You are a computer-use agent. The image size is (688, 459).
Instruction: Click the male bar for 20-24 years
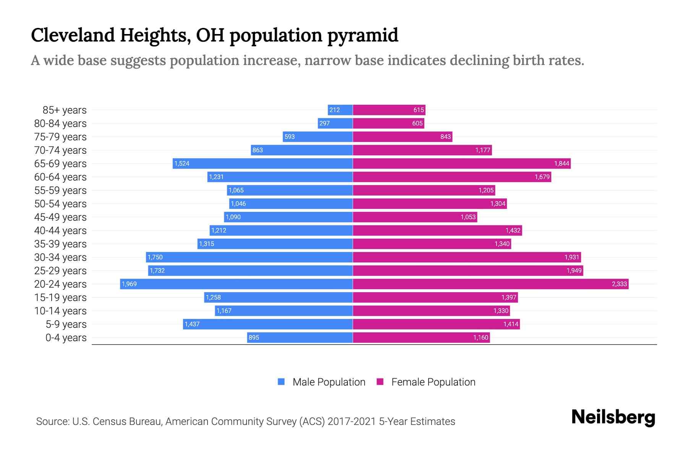(x=236, y=284)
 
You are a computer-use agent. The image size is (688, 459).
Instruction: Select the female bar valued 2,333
(x=490, y=284)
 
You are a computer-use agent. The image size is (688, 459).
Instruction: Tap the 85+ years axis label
(x=65, y=110)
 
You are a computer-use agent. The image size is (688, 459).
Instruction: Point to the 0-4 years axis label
(x=66, y=338)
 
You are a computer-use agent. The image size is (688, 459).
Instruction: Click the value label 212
(x=334, y=110)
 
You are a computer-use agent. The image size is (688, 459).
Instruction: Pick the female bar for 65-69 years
(x=461, y=163)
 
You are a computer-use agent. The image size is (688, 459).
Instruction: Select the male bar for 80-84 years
(x=335, y=123)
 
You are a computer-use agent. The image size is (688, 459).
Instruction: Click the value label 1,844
(x=561, y=164)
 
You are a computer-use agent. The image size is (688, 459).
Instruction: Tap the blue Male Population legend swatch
(x=281, y=382)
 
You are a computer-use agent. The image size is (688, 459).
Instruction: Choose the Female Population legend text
(x=433, y=382)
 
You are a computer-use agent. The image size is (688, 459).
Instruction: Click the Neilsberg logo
(x=613, y=417)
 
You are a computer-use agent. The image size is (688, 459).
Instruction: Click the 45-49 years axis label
(x=60, y=217)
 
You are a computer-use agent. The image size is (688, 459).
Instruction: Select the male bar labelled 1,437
(x=268, y=324)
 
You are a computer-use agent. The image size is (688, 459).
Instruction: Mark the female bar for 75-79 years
(x=402, y=137)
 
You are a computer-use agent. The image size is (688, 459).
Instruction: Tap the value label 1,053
(x=468, y=217)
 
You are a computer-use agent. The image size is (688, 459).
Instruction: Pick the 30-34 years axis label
(x=60, y=257)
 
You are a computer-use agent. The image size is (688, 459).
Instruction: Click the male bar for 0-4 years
(x=300, y=337)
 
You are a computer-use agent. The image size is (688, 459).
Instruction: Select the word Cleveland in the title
(x=73, y=35)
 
